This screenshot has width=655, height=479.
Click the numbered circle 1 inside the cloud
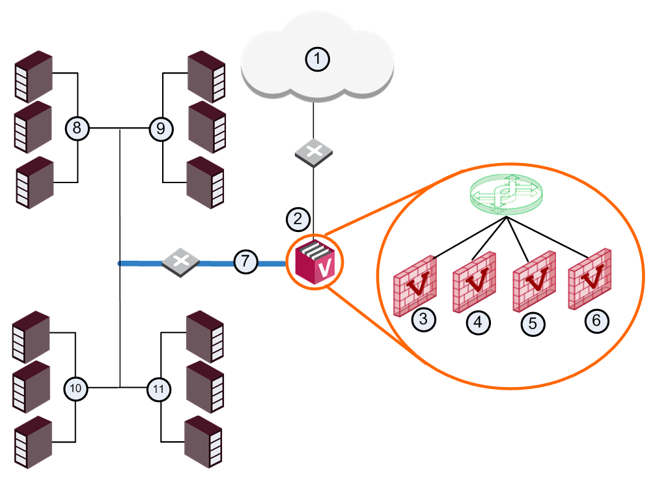[x=318, y=59]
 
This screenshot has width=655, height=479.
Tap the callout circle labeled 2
[x=298, y=219]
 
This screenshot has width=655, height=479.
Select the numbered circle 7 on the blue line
[x=245, y=261]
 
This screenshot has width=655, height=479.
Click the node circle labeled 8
[x=77, y=128]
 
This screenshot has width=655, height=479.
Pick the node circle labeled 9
[x=161, y=129]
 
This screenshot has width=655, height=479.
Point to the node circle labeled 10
[x=76, y=388]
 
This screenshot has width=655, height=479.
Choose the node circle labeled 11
[x=159, y=390]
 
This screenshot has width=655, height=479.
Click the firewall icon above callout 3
[x=415, y=286]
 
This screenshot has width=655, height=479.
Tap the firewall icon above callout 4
[x=475, y=282]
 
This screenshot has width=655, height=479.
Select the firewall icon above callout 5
[x=535, y=282]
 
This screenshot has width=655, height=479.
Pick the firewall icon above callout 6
[x=590, y=279]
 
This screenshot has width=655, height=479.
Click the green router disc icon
[x=507, y=194]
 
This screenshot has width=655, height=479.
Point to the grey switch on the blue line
[x=180, y=262]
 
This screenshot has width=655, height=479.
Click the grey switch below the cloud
[x=314, y=153]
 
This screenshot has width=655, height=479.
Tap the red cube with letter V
[x=315, y=263]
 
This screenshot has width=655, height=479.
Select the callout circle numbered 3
[x=424, y=320]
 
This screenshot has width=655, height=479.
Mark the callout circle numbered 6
[x=596, y=321]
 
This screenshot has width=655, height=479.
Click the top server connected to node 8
[x=34, y=77]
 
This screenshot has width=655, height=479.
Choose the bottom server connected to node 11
[x=203, y=443]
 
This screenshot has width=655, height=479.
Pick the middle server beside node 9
[x=207, y=127]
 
